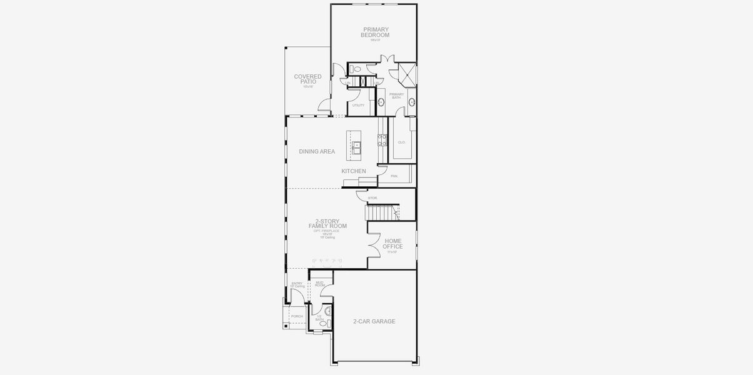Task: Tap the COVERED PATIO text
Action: pyautogui.click(x=307, y=79)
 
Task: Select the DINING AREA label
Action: pyautogui.click(x=317, y=151)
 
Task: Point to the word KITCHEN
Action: pyautogui.click(x=354, y=171)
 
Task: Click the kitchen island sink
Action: pyautogui.click(x=356, y=148)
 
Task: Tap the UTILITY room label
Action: pyautogui.click(x=358, y=105)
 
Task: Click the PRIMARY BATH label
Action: pyautogui.click(x=397, y=96)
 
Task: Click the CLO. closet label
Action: pyautogui.click(x=401, y=142)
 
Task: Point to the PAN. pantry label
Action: pyautogui.click(x=394, y=176)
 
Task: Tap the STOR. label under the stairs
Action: pyautogui.click(x=372, y=198)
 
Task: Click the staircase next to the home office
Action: pyautogui.click(x=382, y=213)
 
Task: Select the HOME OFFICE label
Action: pyautogui.click(x=393, y=244)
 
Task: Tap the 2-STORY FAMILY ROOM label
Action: pyautogui.click(x=327, y=224)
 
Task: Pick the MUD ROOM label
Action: pyautogui.click(x=320, y=284)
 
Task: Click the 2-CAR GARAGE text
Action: pyautogui.click(x=374, y=321)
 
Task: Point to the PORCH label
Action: pyautogui.click(x=297, y=316)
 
